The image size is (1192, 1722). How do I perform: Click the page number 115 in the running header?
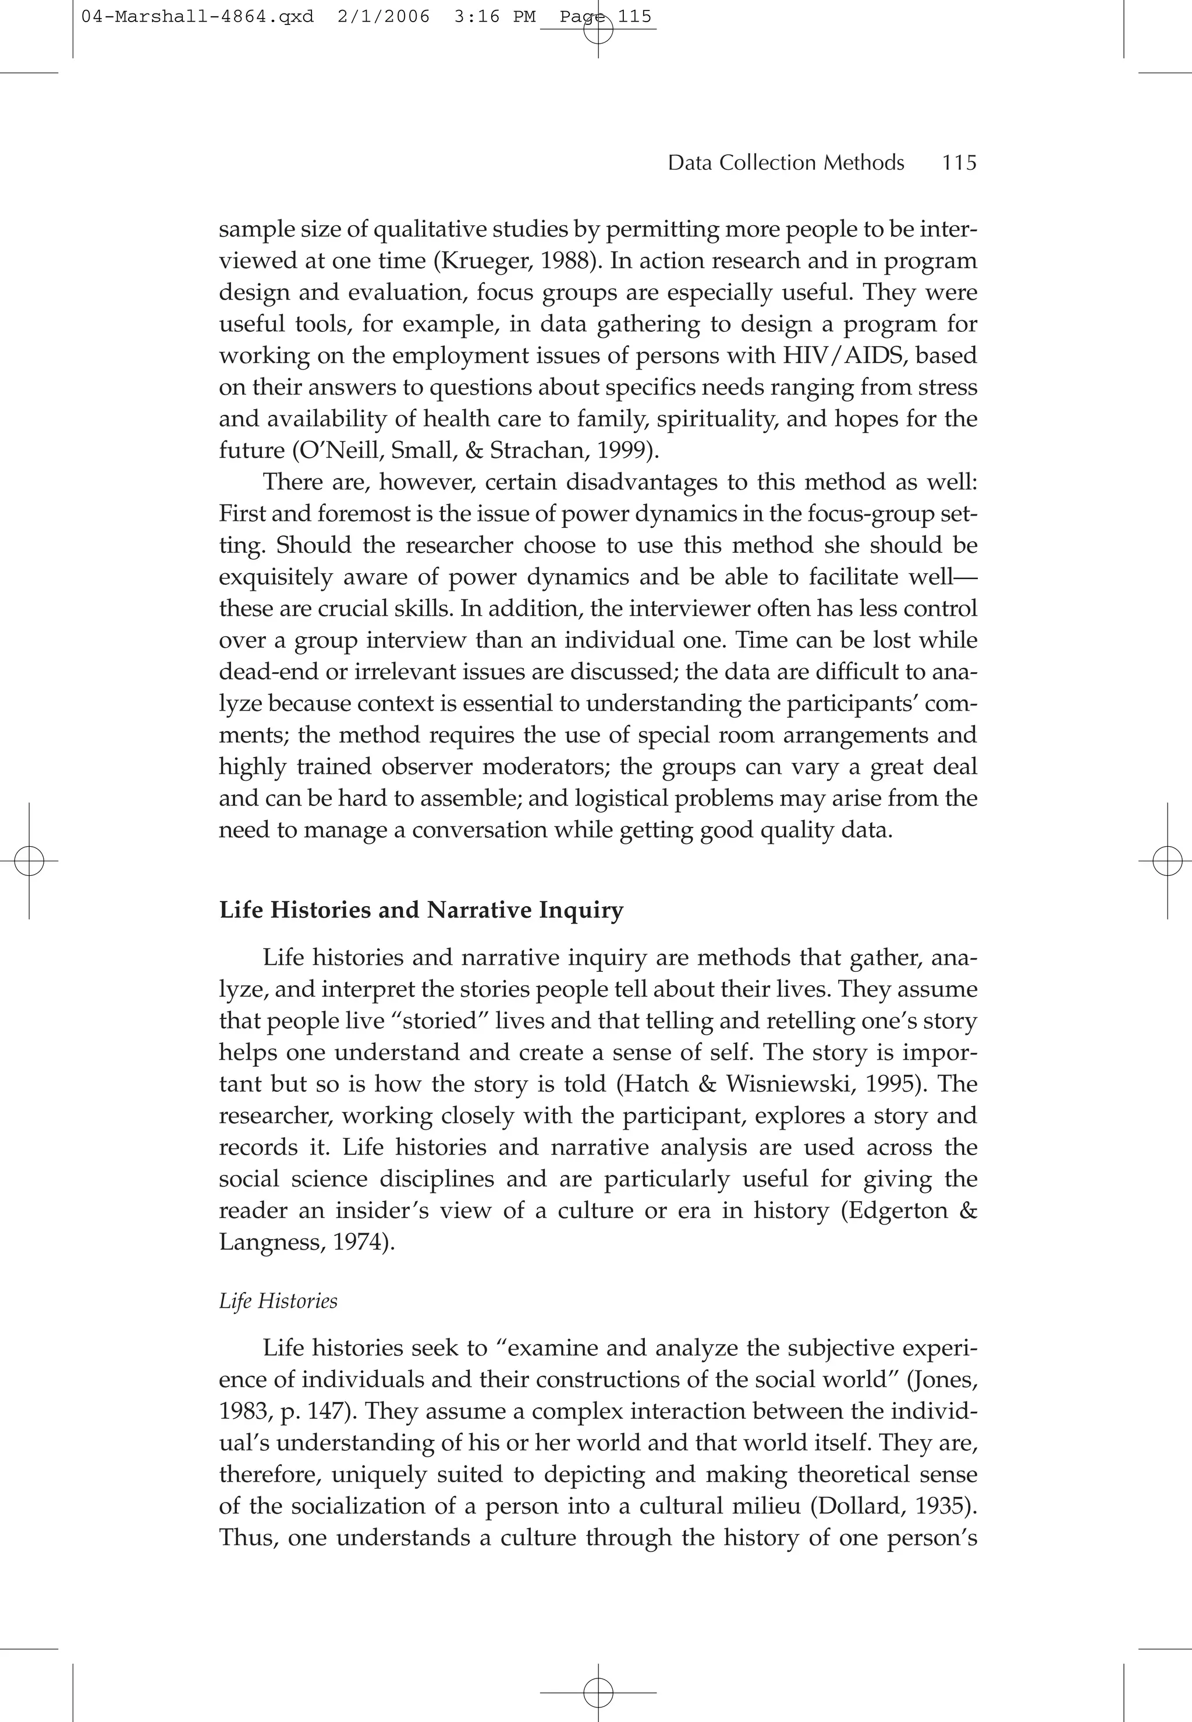[x=959, y=163]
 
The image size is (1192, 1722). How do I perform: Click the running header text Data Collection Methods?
[x=786, y=163]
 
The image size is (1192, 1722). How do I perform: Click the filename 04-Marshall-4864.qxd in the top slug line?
[x=197, y=16]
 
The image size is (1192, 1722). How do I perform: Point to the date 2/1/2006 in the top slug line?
[x=383, y=16]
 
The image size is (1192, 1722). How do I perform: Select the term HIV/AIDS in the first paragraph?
[x=844, y=356]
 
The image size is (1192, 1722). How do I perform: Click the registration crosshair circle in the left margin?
[x=29, y=861]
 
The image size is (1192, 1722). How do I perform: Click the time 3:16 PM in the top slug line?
[x=494, y=16]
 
